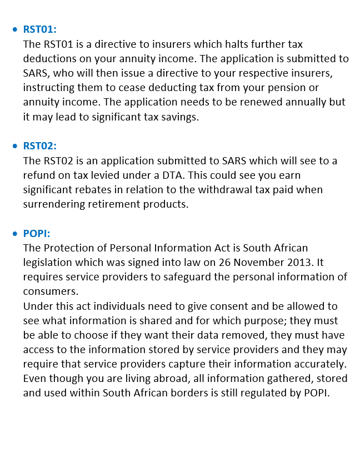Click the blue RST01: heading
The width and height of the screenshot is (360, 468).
[40, 29]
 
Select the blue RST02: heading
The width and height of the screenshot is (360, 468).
[40, 146]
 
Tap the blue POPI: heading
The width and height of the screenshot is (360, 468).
[37, 233]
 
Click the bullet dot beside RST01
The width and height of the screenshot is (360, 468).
[15, 29]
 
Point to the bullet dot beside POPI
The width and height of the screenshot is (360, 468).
[15, 233]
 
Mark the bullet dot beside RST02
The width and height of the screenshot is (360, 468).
[15, 146]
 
